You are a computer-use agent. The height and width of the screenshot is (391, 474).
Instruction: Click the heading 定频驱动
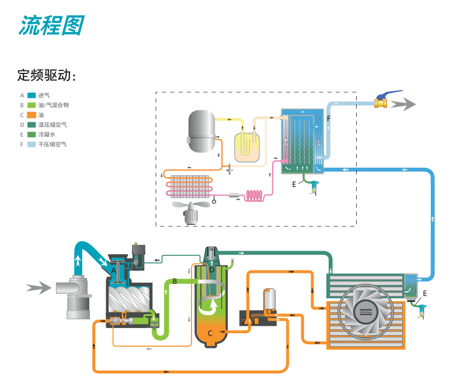pos(47,76)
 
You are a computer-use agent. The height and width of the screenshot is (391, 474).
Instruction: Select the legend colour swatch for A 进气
pos(32,95)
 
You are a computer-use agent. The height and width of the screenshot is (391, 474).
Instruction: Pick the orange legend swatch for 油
pos(32,115)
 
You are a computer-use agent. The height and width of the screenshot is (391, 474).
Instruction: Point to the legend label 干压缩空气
pos(52,144)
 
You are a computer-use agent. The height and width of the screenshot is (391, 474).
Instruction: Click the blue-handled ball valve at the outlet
pos(382,102)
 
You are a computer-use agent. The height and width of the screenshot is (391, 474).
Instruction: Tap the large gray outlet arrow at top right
pos(403,104)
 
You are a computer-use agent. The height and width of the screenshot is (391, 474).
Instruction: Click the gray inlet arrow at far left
pos(38,287)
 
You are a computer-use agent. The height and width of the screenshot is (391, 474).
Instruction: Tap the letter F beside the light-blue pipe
pos(329,118)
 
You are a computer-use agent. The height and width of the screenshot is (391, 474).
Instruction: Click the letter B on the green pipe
pos(175,282)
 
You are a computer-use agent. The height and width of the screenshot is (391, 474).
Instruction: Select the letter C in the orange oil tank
pos(210,333)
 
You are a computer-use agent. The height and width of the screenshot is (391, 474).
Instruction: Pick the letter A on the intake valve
pos(114,270)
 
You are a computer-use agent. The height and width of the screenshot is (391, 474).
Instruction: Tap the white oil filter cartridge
pos(270,299)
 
